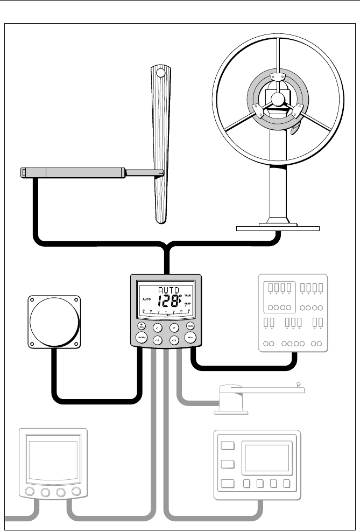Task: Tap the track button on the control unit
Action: coord(190,326)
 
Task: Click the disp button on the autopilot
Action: coord(142,326)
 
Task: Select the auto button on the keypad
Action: coord(189,338)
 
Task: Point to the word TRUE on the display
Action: coord(187,296)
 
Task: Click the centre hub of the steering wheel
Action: coord(277,99)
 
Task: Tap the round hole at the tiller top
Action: coord(161,72)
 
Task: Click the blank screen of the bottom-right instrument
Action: coord(266,458)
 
